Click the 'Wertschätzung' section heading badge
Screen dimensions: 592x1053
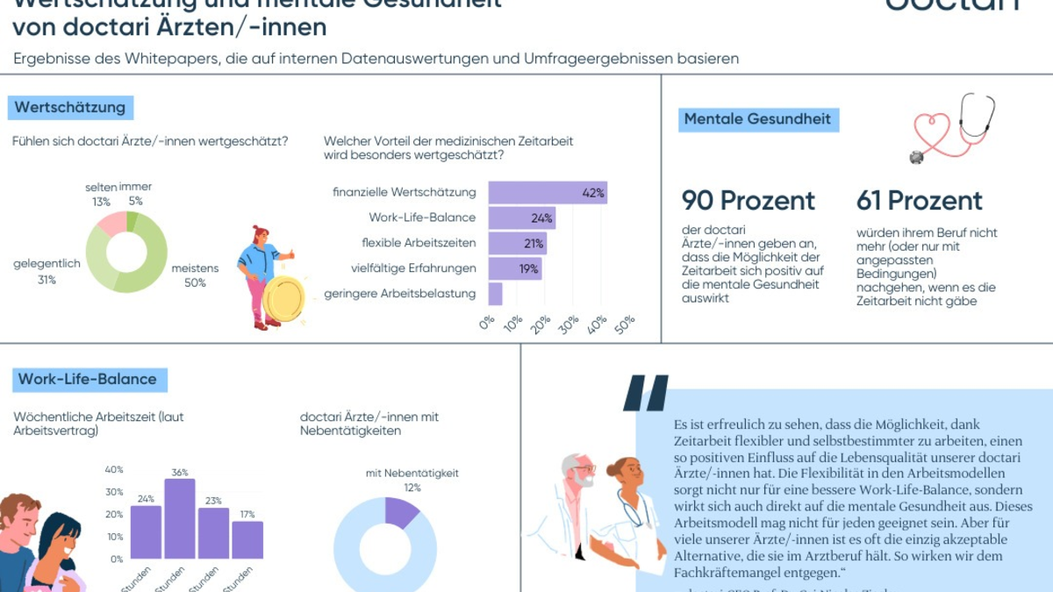pos(71,108)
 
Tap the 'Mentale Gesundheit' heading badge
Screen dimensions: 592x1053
pos(757,119)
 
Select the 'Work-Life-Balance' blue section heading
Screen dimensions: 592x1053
pos(88,380)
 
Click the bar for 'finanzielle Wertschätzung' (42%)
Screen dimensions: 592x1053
pos(547,193)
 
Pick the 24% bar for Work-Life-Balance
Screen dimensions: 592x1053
pos(521,218)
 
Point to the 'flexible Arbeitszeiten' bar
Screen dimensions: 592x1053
pos(517,243)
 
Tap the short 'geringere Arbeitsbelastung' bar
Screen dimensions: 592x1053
pos(495,294)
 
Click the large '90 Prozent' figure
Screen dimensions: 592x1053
pos(749,201)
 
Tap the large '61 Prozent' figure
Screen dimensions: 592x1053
pos(920,201)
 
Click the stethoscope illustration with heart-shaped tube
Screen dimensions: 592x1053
pos(954,128)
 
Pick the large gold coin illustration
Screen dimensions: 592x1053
pos(283,299)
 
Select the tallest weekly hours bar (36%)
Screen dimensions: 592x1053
pos(180,518)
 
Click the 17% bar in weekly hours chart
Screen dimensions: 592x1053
pos(247,539)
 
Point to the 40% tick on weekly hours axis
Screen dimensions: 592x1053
pos(114,469)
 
